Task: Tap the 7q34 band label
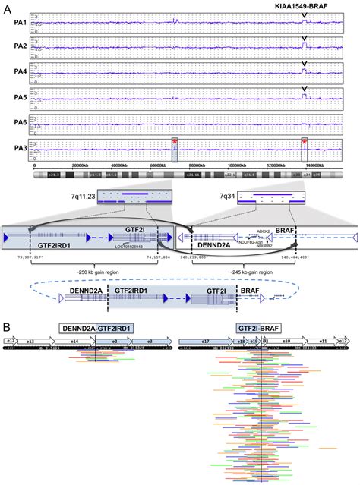point(226,196)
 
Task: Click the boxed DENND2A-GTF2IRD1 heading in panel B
point(98,328)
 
